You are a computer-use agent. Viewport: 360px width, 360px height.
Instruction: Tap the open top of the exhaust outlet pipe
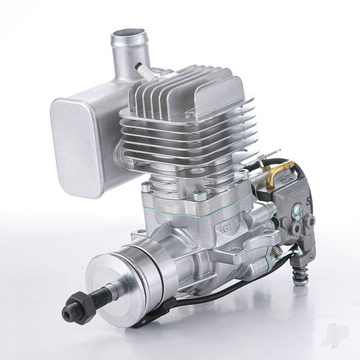[x=129, y=34]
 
